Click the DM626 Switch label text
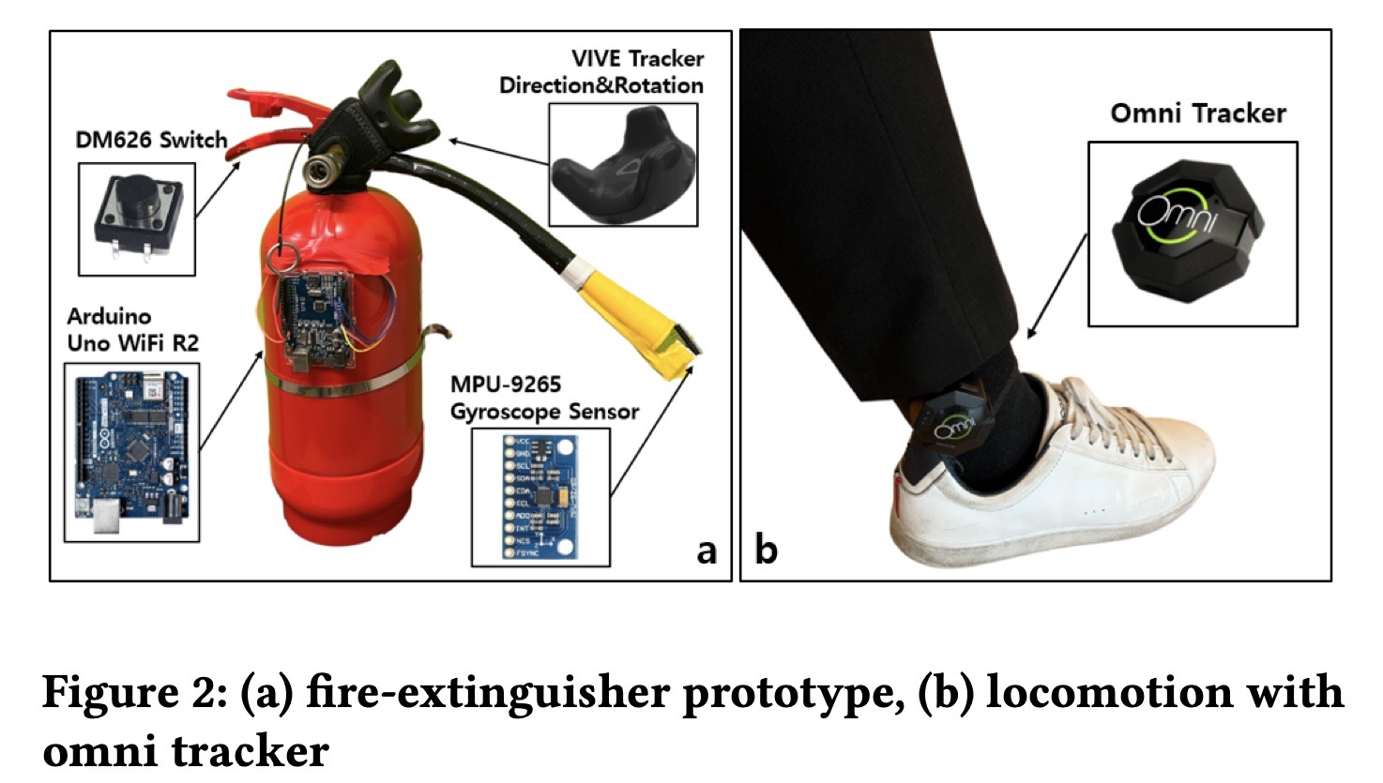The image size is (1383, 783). point(151,141)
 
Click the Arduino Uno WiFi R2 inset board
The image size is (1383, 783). point(130,453)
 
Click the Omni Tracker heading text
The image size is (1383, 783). point(1197,113)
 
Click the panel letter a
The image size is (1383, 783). point(706,550)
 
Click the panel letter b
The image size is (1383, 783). point(766,550)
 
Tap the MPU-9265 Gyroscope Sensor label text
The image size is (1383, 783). point(543,398)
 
